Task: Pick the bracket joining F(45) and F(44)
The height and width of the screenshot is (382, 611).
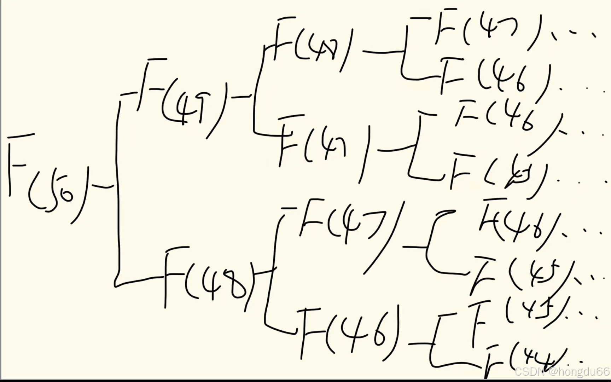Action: (x=435, y=343)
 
